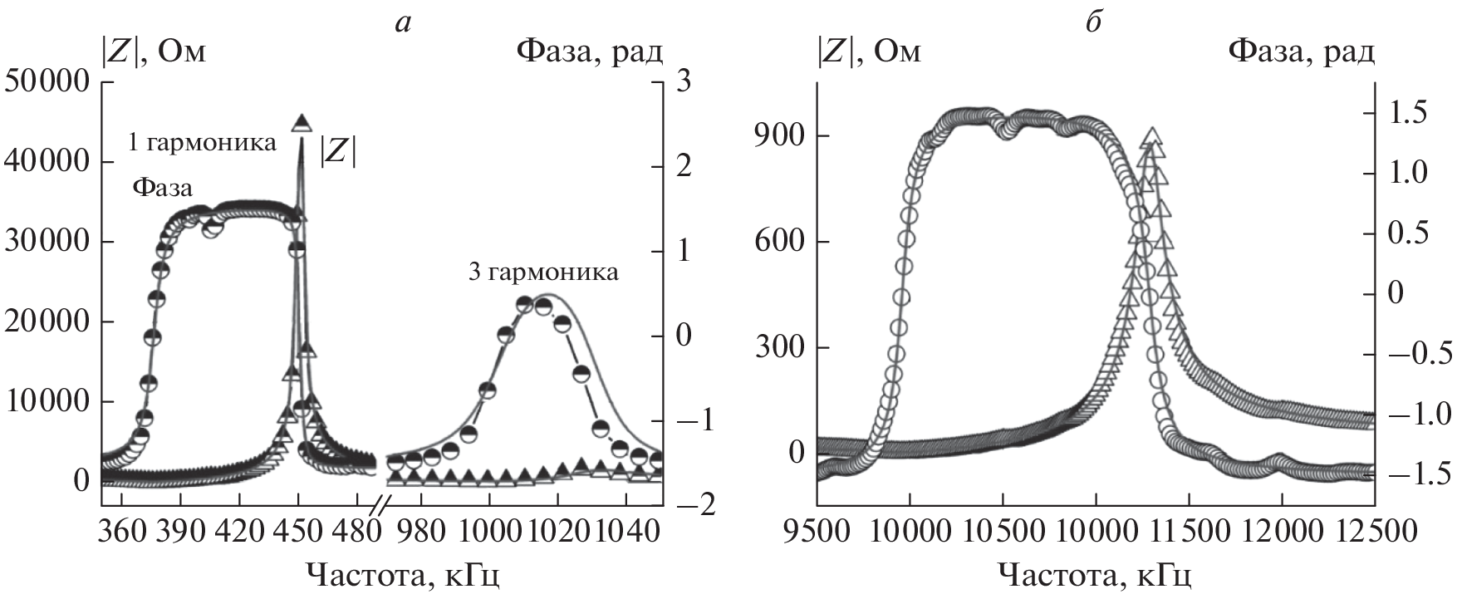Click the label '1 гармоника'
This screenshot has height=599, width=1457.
[202, 143]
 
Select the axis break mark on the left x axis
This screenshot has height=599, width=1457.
[379, 504]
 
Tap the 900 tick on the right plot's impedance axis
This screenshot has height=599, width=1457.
[776, 136]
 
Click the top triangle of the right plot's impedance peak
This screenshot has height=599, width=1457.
[1151, 136]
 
